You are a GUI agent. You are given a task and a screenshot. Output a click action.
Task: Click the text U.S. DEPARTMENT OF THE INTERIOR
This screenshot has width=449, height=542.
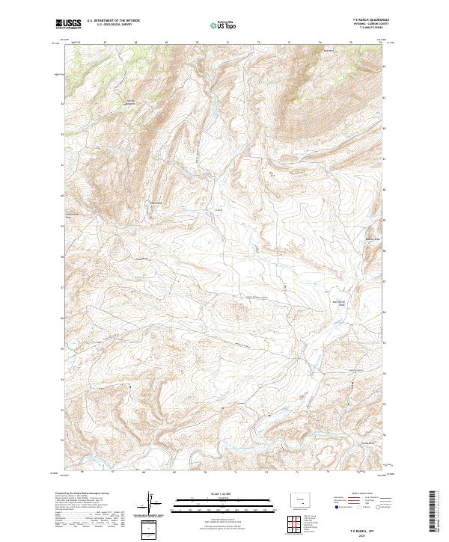point(112,21)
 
